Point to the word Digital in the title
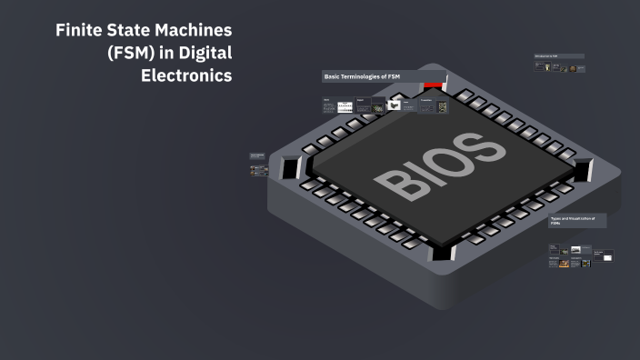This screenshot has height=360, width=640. coord(206,54)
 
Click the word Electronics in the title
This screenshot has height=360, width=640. coord(186,75)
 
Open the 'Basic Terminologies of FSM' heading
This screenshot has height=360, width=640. coord(362,76)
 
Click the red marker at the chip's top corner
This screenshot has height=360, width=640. coord(432,85)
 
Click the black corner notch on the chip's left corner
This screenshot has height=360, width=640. coord(290,168)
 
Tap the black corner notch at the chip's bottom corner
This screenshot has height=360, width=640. coord(443,251)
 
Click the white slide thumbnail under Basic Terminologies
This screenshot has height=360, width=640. coord(345,106)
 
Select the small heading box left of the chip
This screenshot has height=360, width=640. coord(257,157)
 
